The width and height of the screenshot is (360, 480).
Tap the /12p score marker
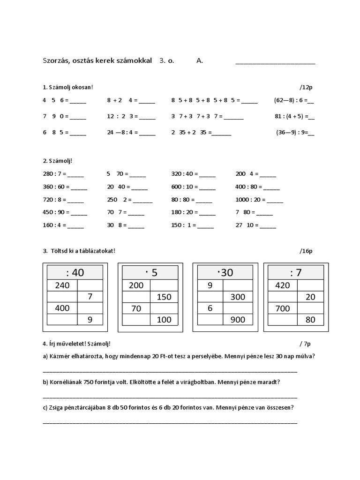click(306, 87)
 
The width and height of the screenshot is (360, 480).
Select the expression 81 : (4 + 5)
click(291, 116)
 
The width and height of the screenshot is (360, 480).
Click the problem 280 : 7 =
click(55, 174)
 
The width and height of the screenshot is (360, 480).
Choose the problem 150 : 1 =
click(185, 225)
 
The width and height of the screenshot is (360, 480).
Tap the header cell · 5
click(150, 272)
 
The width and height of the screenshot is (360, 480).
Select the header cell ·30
click(225, 272)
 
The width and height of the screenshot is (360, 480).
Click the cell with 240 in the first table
click(62, 285)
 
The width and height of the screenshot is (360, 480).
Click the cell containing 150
click(164, 297)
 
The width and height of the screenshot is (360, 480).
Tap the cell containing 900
click(238, 320)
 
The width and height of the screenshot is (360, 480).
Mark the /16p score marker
click(306, 251)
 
